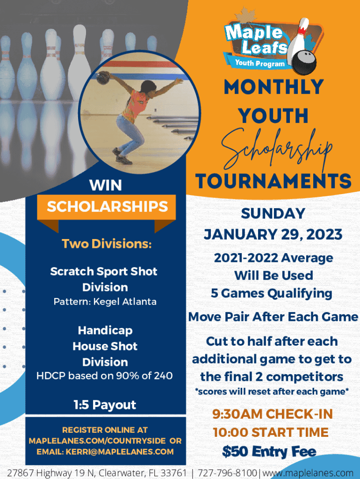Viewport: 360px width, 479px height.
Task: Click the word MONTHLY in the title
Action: point(274,87)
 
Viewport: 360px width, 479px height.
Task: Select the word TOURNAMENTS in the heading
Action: point(274,181)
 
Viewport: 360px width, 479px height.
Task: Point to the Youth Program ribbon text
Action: point(259,63)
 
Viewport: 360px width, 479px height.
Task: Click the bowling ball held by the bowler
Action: point(103,78)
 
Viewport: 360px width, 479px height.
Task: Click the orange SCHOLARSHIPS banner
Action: point(107,207)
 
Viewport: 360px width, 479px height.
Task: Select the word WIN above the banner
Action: point(106,185)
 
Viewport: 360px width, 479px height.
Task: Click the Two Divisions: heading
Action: point(107,244)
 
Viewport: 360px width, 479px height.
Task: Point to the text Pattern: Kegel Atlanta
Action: point(105,302)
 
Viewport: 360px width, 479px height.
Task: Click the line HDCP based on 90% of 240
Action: point(104,376)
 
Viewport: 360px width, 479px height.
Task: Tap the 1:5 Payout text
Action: point(105,405)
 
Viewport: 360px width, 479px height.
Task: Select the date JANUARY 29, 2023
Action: point(273,235)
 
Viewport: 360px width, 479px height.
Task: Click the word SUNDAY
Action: point(273,213)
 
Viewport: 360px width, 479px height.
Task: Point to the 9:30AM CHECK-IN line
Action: point(273,414)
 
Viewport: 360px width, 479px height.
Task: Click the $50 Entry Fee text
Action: point(269,451)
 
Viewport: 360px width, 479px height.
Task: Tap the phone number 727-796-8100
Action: point(227,472)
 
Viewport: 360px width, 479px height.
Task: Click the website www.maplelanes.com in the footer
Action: point(308,473)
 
